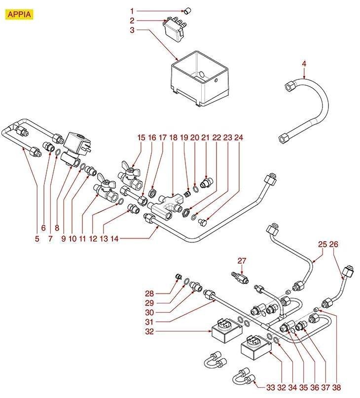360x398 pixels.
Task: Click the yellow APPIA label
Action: (19, 14)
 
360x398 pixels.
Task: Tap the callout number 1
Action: (132, 10)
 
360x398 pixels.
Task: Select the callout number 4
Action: (304, 64)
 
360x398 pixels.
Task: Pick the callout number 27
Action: (242, 260)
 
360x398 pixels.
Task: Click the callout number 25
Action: (323, 244)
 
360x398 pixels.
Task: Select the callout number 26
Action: (334, 244)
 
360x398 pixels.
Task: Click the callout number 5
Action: (37, 239)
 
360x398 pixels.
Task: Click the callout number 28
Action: (149, 293)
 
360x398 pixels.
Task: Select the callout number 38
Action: (337, 388)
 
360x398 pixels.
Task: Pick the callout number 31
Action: (149, 322)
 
